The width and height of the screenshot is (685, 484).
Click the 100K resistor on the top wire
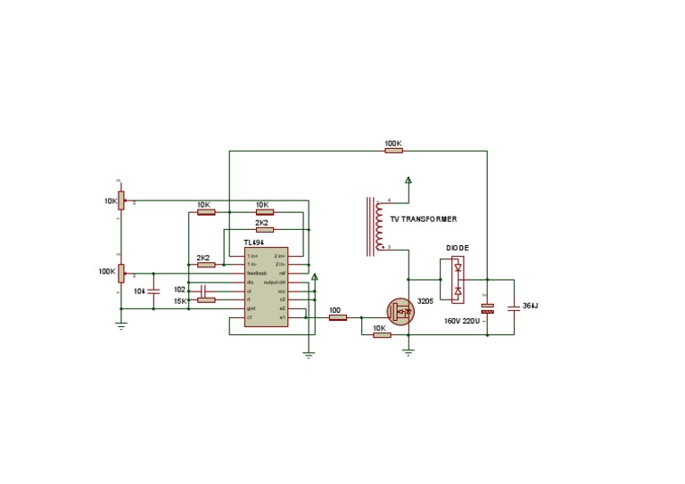393,151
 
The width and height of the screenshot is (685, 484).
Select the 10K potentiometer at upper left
122,201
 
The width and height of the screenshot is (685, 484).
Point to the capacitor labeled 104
154,291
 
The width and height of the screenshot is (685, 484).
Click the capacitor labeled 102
204,290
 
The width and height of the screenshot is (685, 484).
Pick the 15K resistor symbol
206,300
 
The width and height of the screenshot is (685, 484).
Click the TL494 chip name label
254,242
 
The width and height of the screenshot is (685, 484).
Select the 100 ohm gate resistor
337,317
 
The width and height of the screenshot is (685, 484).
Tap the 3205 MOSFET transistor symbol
400,311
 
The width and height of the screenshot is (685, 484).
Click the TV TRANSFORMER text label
424,219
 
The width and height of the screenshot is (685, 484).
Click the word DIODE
458,248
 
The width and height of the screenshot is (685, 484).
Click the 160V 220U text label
463,321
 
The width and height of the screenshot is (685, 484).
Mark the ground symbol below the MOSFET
409,351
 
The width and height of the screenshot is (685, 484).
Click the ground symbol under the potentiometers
122,325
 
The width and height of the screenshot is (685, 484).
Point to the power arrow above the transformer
409,181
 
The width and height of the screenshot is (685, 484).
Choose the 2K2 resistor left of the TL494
206,265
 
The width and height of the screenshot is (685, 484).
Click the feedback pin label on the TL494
257,273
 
